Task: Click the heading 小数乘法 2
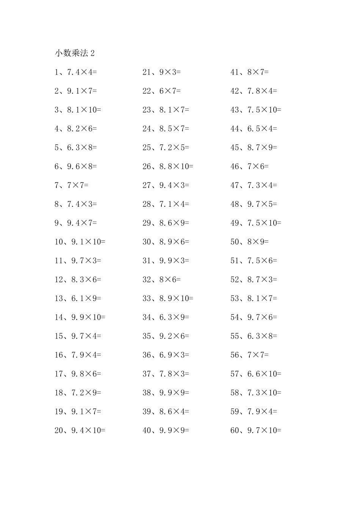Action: point(75,53)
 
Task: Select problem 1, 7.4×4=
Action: point(76,72)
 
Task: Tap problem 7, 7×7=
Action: point(72,185)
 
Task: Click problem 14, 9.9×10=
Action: point(80,317)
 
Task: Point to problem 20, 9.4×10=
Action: point(80,430)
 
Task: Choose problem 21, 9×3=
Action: point(162,72)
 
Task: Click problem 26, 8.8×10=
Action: point(168,166)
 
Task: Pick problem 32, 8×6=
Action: point(162,279)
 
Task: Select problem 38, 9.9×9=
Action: point(166,393)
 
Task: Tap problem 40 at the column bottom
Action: point(166,430)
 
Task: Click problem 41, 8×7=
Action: point(250,72)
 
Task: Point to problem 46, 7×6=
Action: point(250,166)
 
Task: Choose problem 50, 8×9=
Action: point(250,242)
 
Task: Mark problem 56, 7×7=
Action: point(250,355)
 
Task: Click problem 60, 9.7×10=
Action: point(256,430)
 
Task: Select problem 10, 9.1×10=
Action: point(80,242)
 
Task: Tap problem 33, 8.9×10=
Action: point(168,298)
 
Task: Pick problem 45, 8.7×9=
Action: point(254,147)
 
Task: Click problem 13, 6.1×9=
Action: point(78,298)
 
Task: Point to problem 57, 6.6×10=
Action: point(256,374)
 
